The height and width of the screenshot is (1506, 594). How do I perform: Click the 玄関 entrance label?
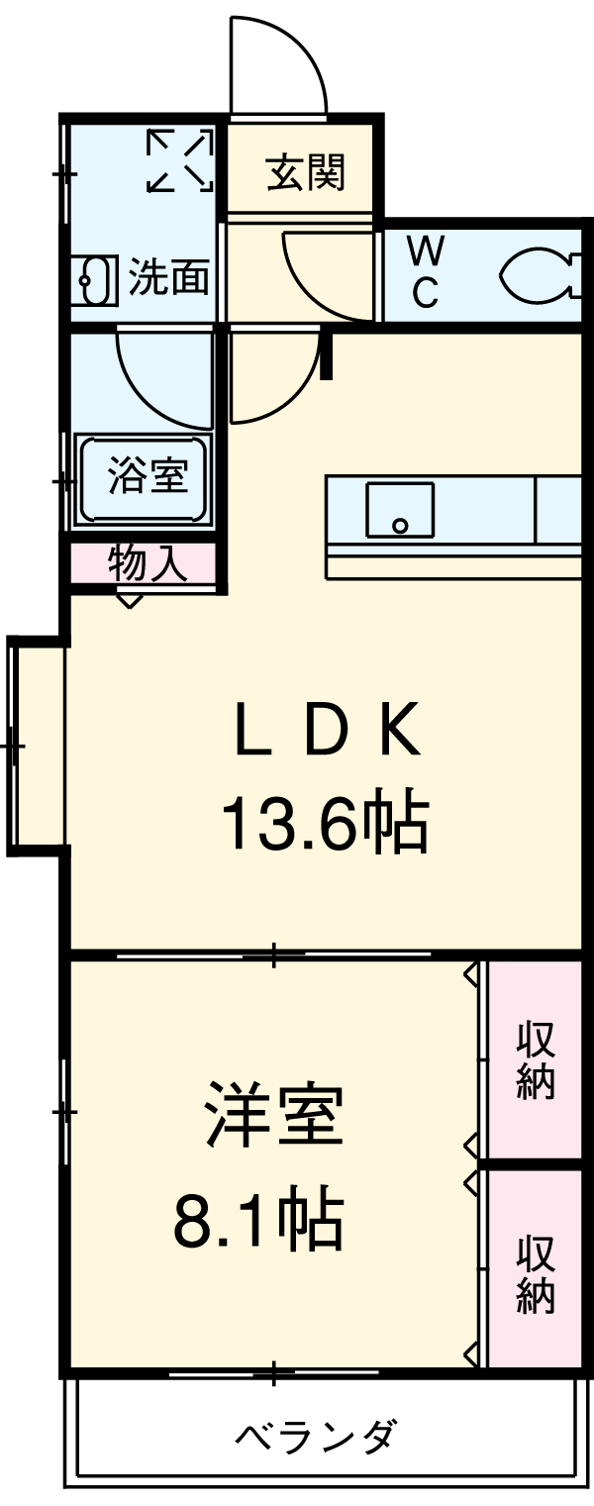[305, 174]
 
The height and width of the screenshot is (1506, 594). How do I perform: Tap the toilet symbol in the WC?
[540, 274]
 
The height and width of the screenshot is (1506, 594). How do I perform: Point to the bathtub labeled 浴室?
[145, 477]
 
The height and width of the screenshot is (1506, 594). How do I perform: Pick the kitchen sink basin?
[400, 510]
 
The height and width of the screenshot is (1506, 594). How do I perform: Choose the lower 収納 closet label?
[535, 1273]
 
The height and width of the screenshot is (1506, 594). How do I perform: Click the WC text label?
[426, 271]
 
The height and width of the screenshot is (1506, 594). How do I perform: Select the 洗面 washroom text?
[169, 278]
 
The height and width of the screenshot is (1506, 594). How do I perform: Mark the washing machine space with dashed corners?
[180, 160]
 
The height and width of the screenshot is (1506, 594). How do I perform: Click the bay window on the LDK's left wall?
[38, 745]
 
